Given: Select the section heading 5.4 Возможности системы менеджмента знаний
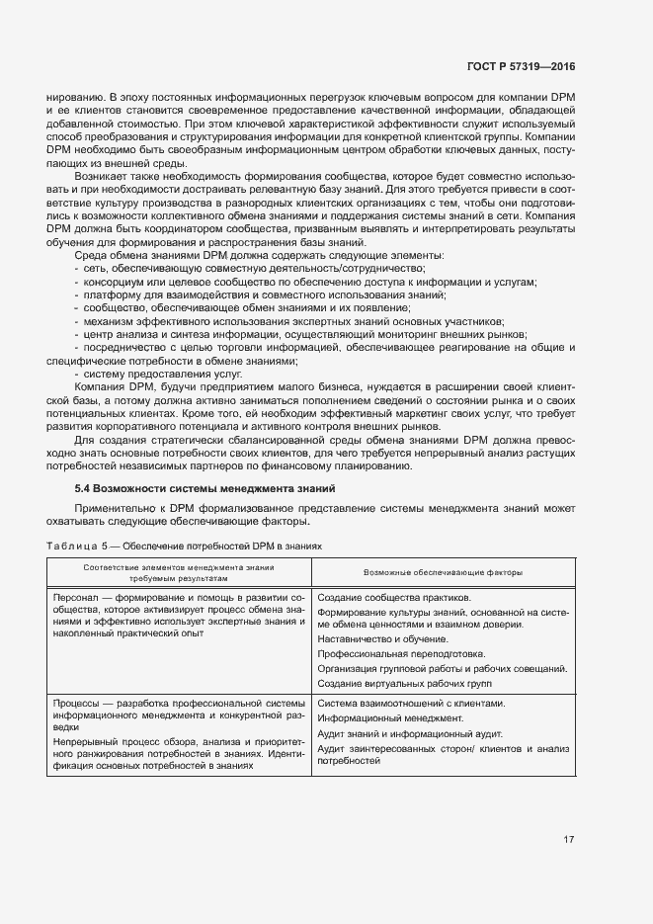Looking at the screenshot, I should tap(205, 488).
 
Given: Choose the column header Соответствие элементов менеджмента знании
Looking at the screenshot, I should tap(179, 567).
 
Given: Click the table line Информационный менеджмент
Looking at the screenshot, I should tap(383, 718).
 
